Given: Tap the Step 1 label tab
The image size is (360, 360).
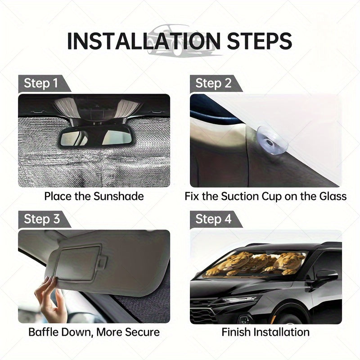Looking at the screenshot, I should tap(41, 84).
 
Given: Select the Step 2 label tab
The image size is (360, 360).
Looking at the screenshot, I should tap(213, 84).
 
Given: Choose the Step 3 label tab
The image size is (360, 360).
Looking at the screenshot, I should tap(41, 220).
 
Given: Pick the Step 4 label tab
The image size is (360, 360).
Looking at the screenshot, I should tap(213, 220).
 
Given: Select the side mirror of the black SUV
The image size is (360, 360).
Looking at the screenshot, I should tap(325, 275).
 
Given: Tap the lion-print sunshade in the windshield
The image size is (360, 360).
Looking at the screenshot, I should tap(254, 264).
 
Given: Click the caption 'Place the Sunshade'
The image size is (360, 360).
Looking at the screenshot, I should tap(94, 196).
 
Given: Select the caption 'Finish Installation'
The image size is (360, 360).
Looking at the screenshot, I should tap(265, 332).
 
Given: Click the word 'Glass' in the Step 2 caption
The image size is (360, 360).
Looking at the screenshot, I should tap(331, 196).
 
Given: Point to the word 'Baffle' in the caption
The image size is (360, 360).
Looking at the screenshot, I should tap(45, 332).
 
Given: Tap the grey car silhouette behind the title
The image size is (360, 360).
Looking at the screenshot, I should tap(180, 38).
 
